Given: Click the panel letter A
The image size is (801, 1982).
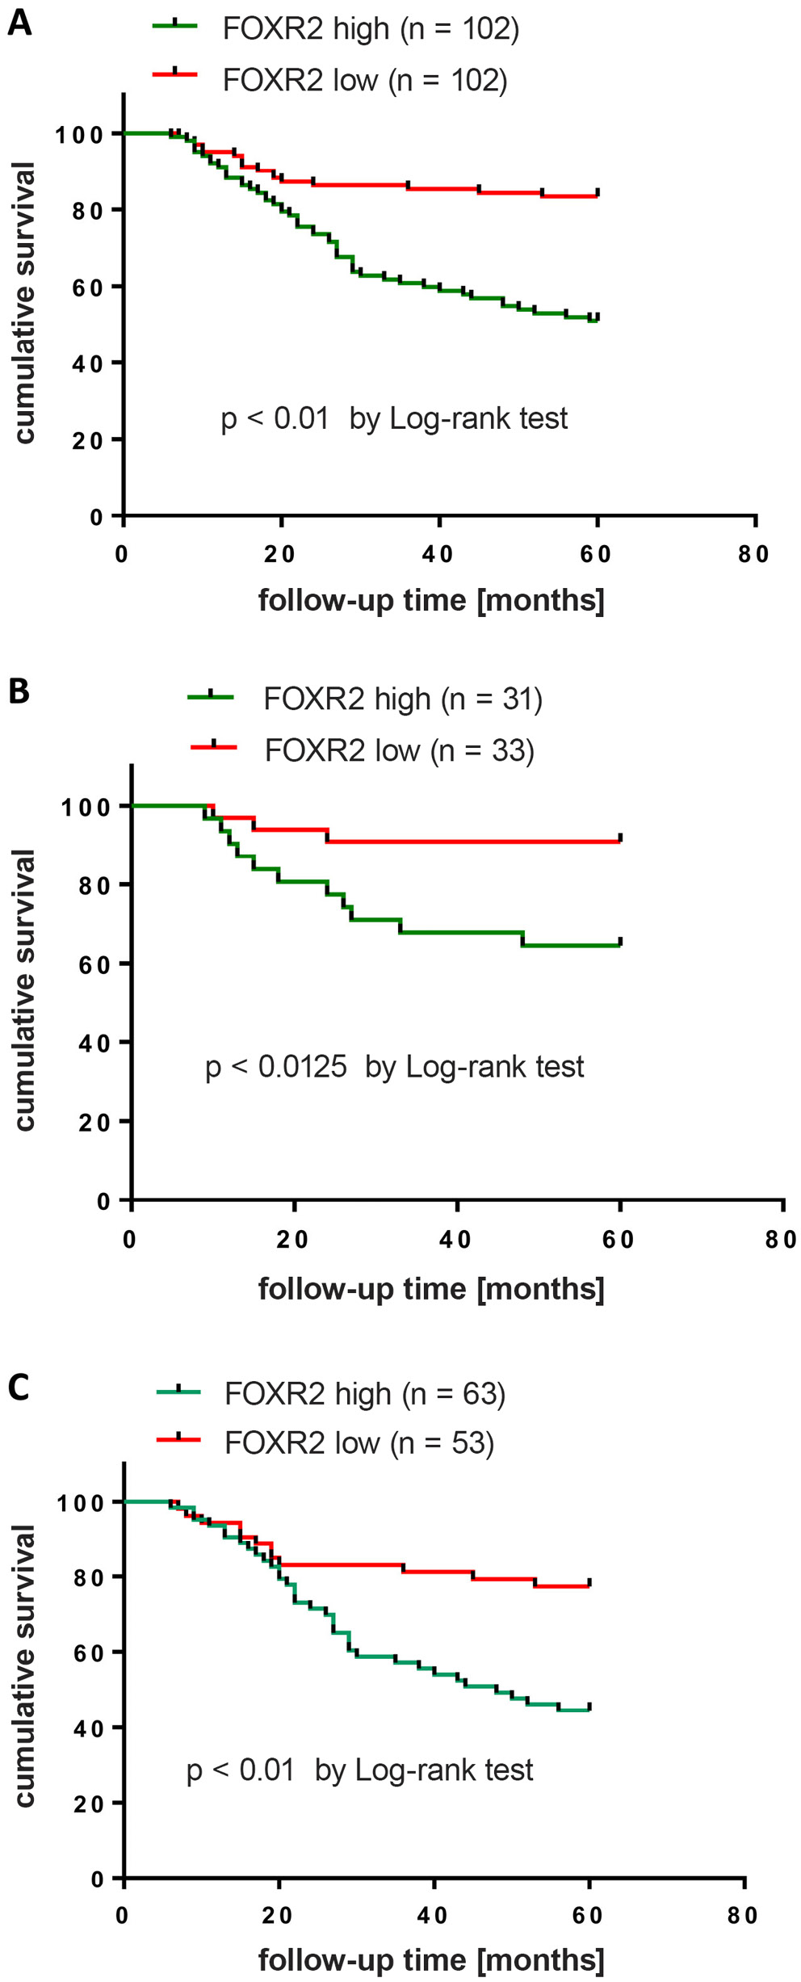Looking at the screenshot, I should pos(19,23).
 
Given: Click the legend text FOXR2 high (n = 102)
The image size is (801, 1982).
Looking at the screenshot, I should pos(371,29).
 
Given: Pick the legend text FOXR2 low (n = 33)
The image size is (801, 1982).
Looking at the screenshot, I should pos(399,750).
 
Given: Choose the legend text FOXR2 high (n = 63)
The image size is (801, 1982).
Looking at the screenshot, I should pos(365,1393).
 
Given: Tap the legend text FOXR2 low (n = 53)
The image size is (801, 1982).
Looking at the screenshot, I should pos(359,1442).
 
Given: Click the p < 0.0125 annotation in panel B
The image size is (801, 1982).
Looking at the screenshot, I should pos(276,1067).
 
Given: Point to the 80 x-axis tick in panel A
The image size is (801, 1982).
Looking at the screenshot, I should pos(753,554).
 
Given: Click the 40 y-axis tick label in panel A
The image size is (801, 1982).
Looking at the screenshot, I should pos(87,363).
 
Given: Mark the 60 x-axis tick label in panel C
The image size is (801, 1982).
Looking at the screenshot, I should pos(588,1916).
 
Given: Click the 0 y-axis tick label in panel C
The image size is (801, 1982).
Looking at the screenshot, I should pos(98,1879).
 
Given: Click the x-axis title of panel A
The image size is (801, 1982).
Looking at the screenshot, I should pos(431,601).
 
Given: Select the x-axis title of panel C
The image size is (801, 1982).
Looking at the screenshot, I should pos(431,1960).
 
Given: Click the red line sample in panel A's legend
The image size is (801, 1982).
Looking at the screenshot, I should pos(175,74).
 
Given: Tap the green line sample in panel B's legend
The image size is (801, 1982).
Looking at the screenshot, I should pos(211,697).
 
